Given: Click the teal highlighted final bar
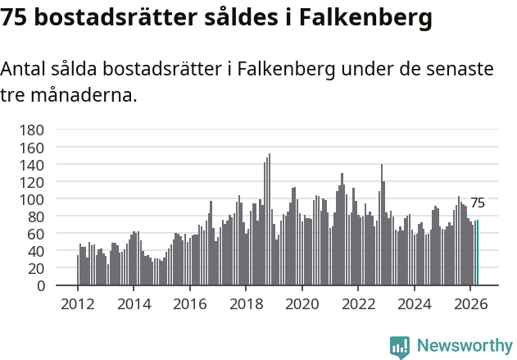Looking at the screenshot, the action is [x=478, y=253].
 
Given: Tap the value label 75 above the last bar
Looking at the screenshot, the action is [x=478, y=203].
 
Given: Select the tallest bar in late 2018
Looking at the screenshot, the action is [x=270, y=219].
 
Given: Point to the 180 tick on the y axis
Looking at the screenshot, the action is [x=32, y=130].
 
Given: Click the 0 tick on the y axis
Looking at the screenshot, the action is [x=40, y=285].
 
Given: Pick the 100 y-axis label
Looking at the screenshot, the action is [x=32, y=199].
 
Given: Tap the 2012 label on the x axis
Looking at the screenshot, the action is [x=78, y=304].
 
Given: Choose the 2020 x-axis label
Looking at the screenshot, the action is [x=302, y=304].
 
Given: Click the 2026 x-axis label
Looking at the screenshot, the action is [x=470, y=304].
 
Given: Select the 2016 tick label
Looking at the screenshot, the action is [x=190, y=304].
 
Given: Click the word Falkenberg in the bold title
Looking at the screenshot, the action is [x=365, y=17].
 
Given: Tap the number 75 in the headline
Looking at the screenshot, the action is [x=13, y=17].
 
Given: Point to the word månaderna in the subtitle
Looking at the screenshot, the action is [x=84, y=95].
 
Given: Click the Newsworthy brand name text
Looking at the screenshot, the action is [x=465, y=346].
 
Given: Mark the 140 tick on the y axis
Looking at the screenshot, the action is [x=32, y=165].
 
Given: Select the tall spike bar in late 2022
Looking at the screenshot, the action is [x=382, y=225].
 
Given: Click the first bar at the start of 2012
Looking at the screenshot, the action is [x=78, y=270].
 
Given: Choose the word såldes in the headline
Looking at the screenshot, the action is [x=241, y=17].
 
